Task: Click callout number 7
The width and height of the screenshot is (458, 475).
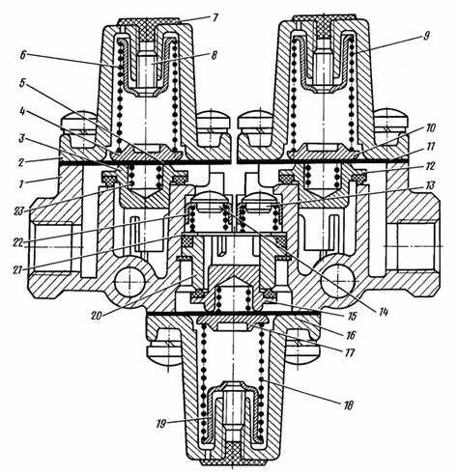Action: click(214, 17)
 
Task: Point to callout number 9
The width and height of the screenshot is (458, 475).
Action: click(427, 35)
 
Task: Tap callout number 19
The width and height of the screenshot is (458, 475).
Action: click(161, 424)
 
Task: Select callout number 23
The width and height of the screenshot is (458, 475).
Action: click(19, 211)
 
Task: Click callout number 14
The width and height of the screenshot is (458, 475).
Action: click(383, 311)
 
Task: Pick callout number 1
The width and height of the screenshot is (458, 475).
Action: click(21, 183)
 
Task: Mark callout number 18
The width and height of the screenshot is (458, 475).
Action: click(349, 405)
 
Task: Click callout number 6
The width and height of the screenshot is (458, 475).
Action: click(22, 55)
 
